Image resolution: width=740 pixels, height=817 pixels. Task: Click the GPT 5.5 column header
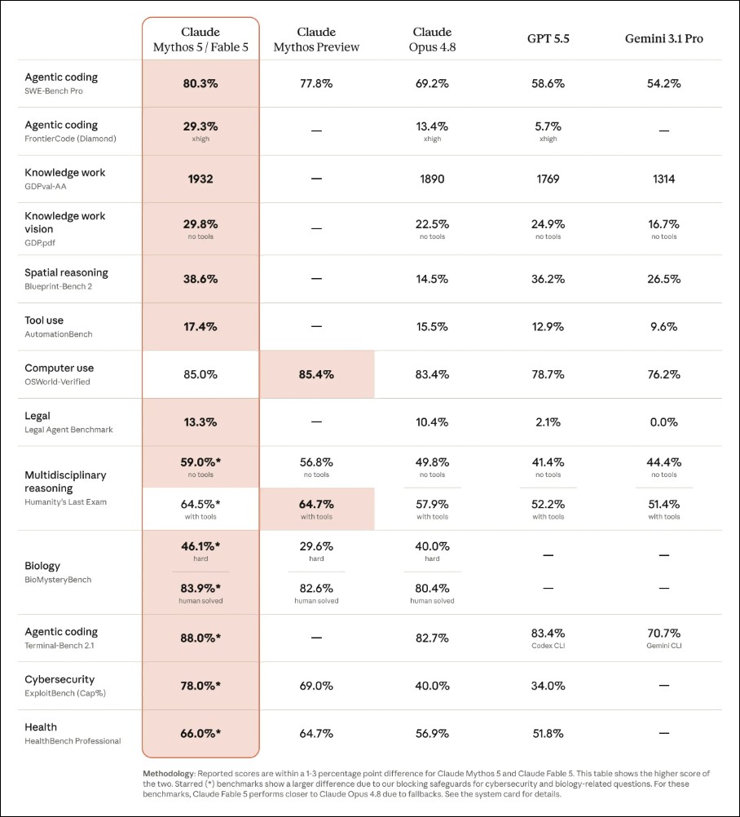[x=548, y=38]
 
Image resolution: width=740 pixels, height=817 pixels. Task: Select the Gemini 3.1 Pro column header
[x=664, y=38]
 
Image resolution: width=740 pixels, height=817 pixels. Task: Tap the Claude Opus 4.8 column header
[x=432, y=40]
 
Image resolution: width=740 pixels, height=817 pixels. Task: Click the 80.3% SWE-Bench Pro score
[x=200, y=83]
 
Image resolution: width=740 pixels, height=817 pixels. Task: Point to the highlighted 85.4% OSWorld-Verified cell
[x=317, y=374]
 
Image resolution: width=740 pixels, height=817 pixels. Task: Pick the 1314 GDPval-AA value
[x=664, y=179]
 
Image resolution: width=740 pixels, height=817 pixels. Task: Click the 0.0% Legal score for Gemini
[x=664, y=422]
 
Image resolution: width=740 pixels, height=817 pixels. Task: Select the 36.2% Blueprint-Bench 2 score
[x=548, y=279]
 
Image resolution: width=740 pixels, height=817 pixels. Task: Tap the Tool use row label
[x=44, y=320]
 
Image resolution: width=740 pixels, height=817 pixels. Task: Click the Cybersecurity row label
[x=59, y=679]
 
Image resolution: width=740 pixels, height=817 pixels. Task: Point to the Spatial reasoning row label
[x=66, y=272]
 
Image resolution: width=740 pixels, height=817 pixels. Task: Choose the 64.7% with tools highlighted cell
[x=317, y=509]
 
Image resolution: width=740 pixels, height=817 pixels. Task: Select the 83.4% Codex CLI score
[x=548, y=638]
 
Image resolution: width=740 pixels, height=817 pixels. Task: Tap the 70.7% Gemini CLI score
[x=664, y=638]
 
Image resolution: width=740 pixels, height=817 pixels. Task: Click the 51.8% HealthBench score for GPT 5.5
[x=548, y=734]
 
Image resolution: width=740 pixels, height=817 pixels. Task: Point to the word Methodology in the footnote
[x=169, y=774]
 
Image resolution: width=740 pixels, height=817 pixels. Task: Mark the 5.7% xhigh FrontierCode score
[x=548, y=130]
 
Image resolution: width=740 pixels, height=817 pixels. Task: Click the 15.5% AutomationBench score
[x=432, y=327]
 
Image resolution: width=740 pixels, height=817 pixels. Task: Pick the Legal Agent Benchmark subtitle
[x=68, y=430]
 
